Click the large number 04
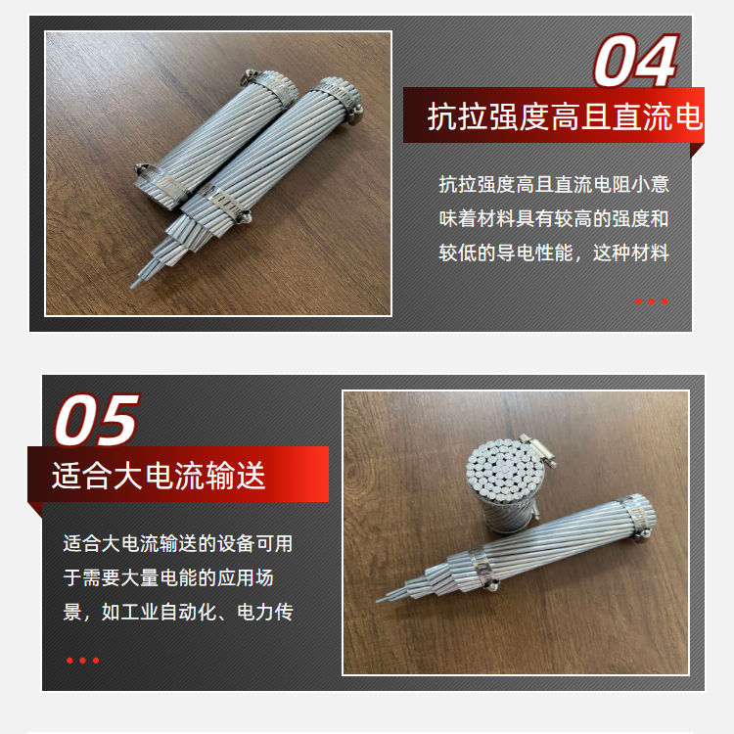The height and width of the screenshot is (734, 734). (636, 61)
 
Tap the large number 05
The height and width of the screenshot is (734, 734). (97, 420)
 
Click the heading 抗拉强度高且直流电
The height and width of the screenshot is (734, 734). (566, 116)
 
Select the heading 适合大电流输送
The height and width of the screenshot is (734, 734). (159, 475)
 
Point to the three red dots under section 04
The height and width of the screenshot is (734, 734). (651, 301)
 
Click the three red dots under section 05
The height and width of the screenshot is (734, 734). (83, 661)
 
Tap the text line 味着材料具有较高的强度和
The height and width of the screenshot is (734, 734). (554, 218)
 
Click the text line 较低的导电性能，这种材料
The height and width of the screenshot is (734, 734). (554, 252)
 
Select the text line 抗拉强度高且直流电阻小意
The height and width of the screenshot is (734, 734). (554, 184)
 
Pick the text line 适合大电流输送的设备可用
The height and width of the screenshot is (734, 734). (178, 543)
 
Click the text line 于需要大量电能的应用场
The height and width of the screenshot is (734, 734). (168, 577)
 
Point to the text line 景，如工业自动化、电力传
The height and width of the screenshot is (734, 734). (178, 612)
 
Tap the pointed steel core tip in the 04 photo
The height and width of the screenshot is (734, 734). (133, 285)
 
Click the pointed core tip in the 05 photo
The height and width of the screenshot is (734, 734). (379, 600)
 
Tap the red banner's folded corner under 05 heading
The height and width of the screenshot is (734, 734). (34, 509)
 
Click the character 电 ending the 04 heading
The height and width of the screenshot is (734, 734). (689, 116)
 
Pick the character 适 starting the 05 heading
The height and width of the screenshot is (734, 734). (66, 475)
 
